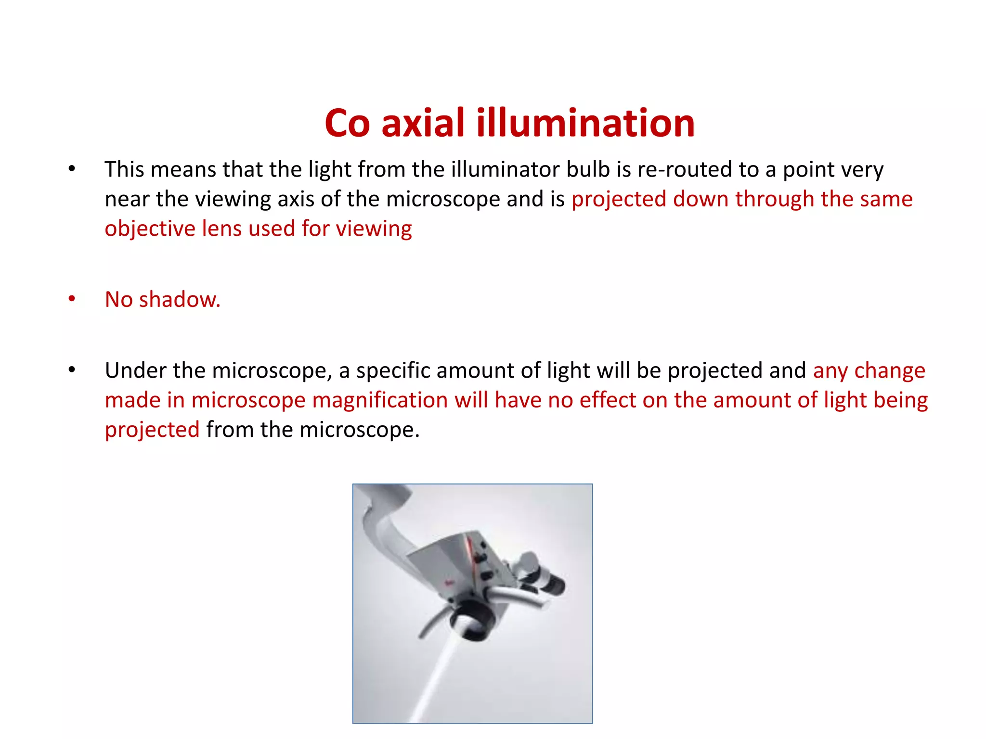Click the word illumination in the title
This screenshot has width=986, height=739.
[585, 123]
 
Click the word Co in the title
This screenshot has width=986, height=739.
[347, 123]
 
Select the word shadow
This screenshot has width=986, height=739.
[180, 300]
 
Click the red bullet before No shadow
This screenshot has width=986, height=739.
[72, 299]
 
